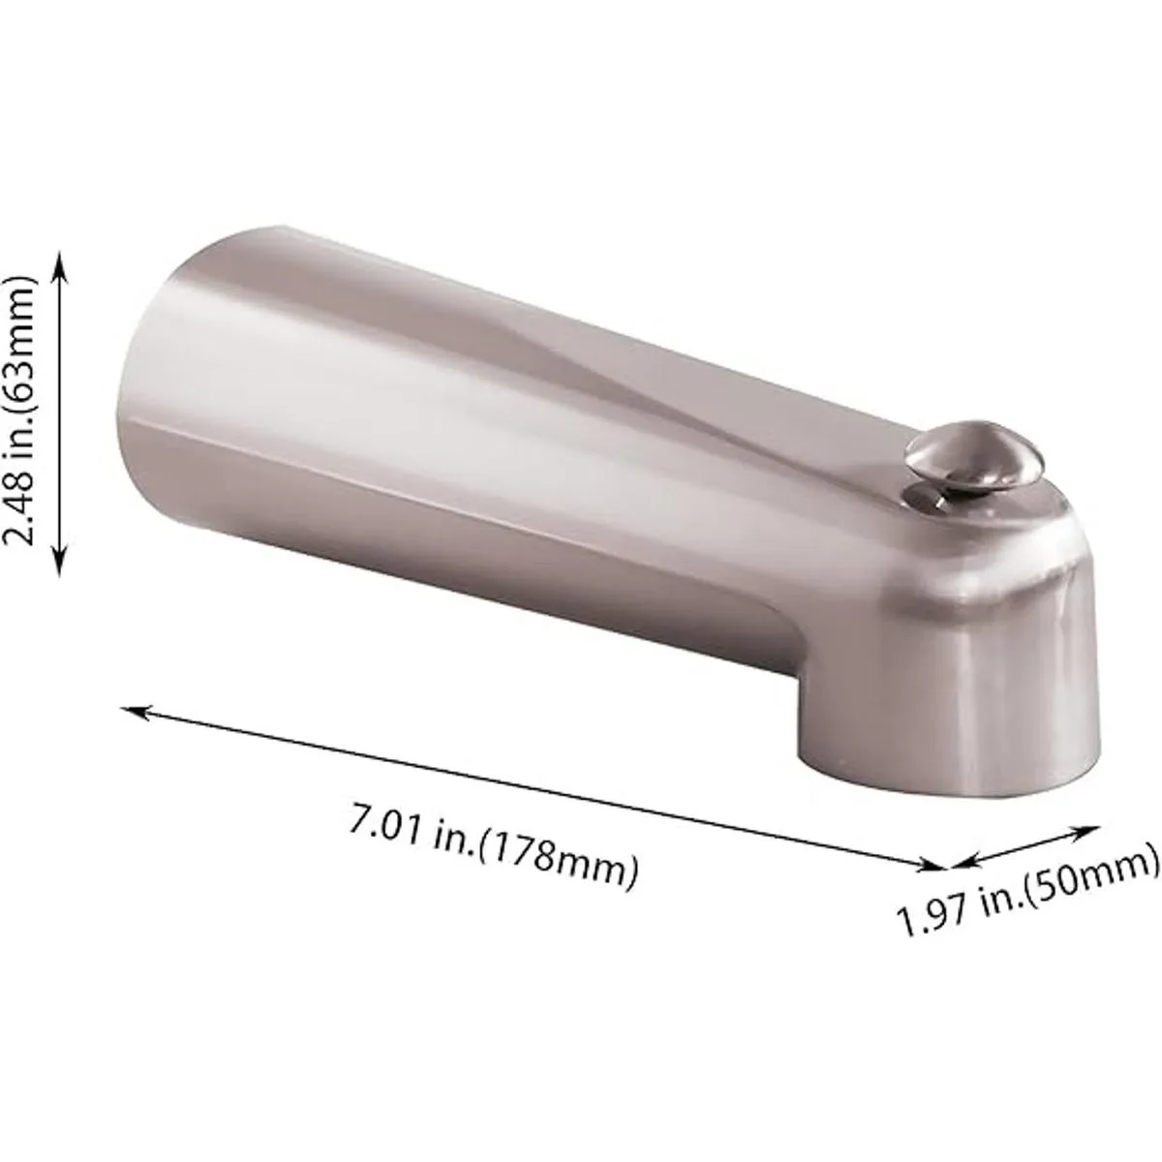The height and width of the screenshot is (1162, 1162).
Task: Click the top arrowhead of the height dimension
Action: (58, 265)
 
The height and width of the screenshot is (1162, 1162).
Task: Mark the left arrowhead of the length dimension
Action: (134, 712)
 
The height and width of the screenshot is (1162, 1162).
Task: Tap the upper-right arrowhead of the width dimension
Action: (1083, 832)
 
